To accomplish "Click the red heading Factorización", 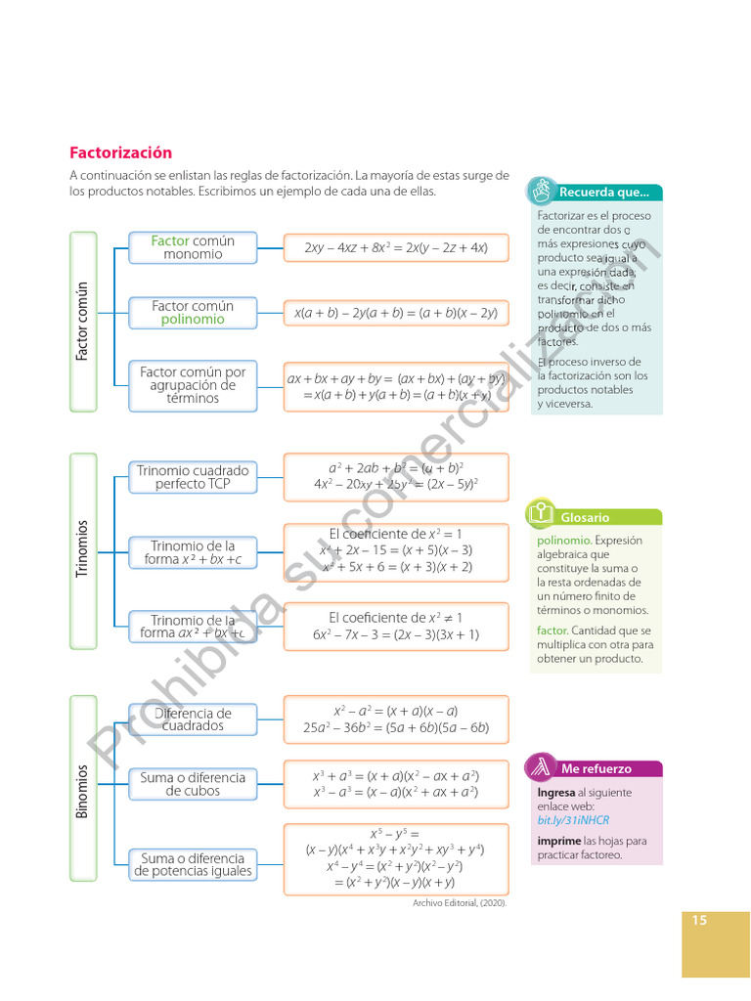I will tap(120, 152).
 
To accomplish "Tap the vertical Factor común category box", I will tap(83, 321).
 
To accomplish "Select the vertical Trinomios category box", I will tap(83, 547).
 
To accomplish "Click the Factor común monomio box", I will tap(193, 247).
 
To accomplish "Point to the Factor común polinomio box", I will tap(193, 313).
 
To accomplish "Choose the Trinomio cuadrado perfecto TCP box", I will tap(193, 477).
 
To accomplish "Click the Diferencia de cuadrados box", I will tap(193, 719).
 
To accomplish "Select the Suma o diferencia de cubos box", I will tap(193, 784).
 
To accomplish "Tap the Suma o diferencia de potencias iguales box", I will tap(193, 864).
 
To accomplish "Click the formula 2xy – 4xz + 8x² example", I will tap(396, 248).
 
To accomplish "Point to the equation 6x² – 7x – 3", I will tap(396, 634).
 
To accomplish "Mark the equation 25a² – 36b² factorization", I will tap(396, 727).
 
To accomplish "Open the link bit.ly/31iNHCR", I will tap(572, 820).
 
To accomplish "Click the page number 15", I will tap(699, 920).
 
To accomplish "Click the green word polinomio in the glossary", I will tap(563, 540).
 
